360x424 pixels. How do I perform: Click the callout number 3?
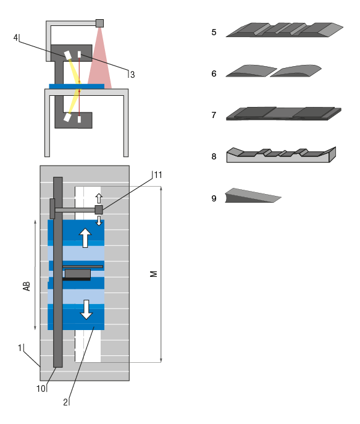pyautogui.click(x=132, y=74)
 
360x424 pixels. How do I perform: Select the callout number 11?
pyautogui.click(x=158, y=175)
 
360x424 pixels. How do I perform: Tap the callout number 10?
pyautogui.click(x=41, y=389)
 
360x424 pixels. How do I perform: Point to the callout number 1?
pyautogui.click(x=20, y=348)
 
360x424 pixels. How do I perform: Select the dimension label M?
pyautogui.click(x=154, y=273)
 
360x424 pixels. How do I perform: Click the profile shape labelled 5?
pyautogui.click(x=284, y=30)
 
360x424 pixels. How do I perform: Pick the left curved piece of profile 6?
pyautogui.click(x=247, y=71)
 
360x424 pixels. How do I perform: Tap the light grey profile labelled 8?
pyautogui.click(x=281, y=155)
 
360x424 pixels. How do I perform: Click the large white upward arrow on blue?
pyautogui.click(x=85, y=238)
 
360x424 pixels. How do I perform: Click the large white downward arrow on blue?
pyautogui.click(x=86, y=308)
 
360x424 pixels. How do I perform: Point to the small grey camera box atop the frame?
pyautogui.click(x=99, y=23)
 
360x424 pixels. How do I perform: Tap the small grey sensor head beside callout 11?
pyautogui.click(x=98, y=210)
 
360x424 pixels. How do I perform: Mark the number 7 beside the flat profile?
pyautogui.click(x=213, y=115)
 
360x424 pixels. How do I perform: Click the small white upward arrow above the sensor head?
pyautogui.click(x=98, y=197)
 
